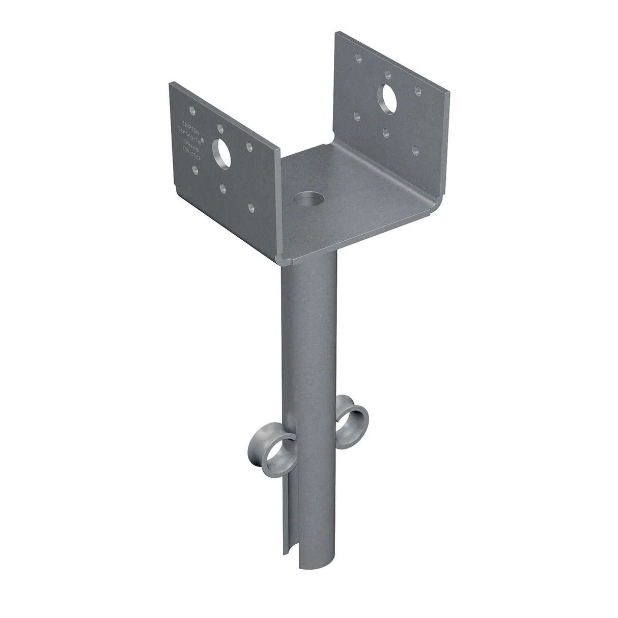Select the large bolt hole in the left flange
(x=222, y=151)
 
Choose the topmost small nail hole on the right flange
(x=360, y=59)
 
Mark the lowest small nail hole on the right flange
(x=416, y=150)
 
